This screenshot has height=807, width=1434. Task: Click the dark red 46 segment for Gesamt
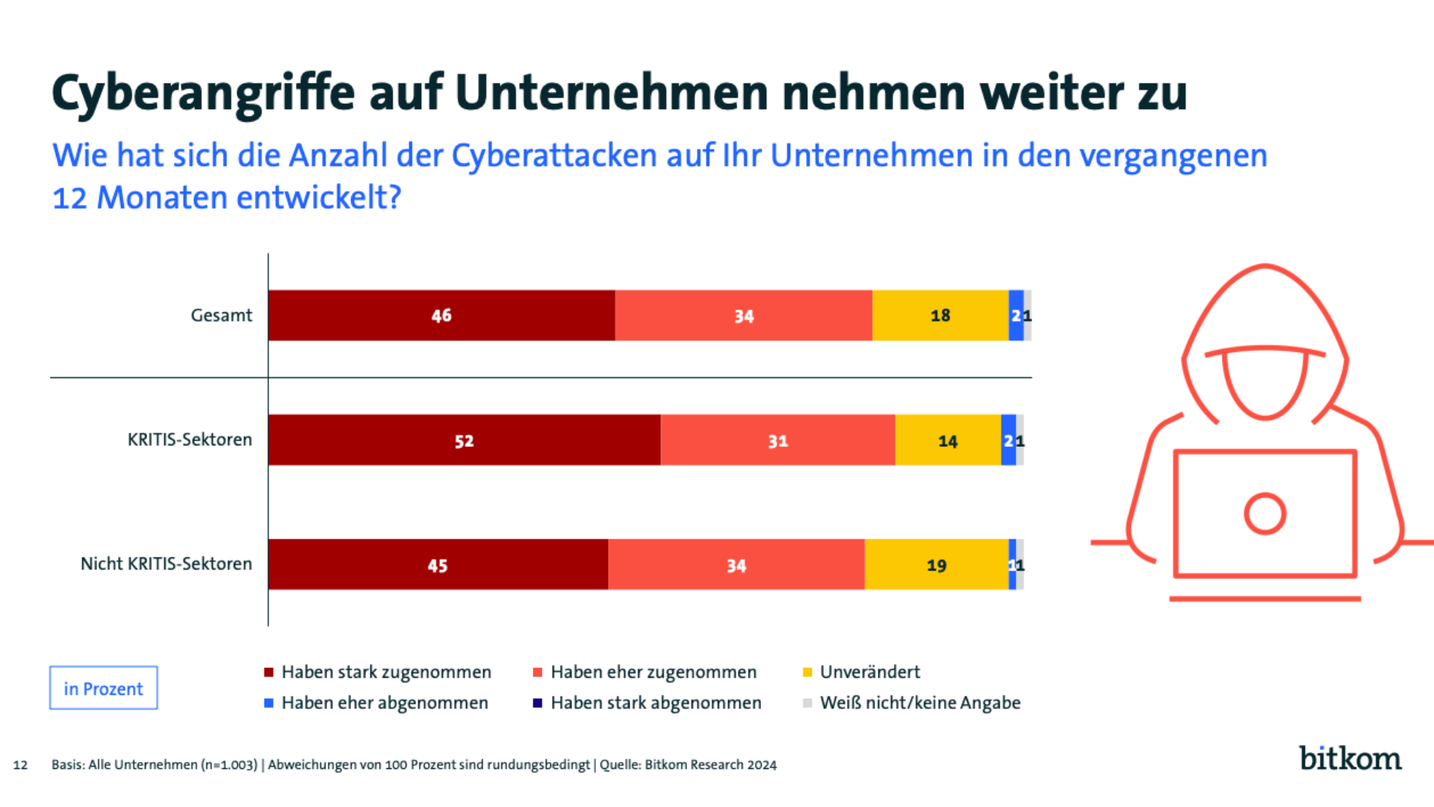(441, 315)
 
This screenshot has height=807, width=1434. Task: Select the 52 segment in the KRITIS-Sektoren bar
(464, 440)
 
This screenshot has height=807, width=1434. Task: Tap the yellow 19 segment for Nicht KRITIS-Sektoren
(936, 565)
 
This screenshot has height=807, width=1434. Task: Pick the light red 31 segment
(777, 440)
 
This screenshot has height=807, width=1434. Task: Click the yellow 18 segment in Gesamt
(940, 315)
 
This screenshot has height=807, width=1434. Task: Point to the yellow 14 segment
(947, 440)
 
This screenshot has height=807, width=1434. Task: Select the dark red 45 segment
(438, 565)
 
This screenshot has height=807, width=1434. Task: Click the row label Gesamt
(221, 315)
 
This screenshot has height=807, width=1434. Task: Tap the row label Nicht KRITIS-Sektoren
(166, 564)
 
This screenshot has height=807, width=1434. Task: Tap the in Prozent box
(103, 688)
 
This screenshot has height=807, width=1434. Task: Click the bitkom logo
(1350, 758)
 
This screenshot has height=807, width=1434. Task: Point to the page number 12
(20, 765)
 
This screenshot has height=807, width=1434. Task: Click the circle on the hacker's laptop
(1264, 514)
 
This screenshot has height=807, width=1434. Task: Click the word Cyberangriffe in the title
(203, 93)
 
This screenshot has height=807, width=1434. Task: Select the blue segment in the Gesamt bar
(1016, 315)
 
